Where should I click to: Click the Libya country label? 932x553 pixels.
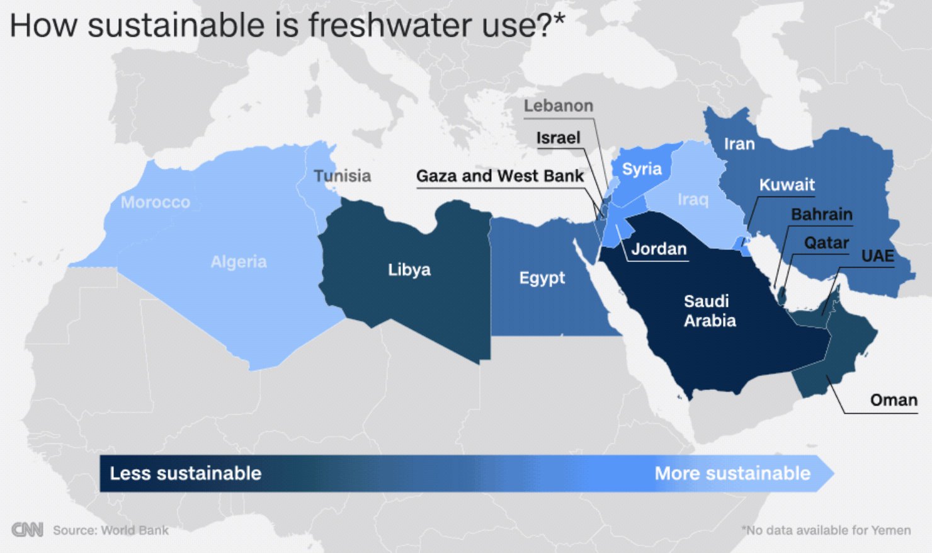pyautogui.click(x=409, y=270)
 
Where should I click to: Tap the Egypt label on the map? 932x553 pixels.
pyautogui.click(x=542, y=278)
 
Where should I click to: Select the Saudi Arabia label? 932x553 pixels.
pyautogui.click(x=709, y=311)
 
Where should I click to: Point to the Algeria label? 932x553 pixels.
pyautogui.click(x=239, y=261)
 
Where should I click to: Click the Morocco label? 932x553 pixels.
pyautogui.click(x=155, y=202)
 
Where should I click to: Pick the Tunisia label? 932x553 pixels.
pyautogui.click(x=343, y=176)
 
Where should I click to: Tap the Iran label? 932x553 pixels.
pyautogui.click(x=739, y=144)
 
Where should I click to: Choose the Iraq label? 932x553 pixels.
pyautogui.click(x=693, y=200)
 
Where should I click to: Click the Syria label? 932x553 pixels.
pyautogui.click(x=642, y=169)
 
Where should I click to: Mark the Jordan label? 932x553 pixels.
pyautogui.click(x=659, y=249)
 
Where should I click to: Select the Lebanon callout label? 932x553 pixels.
pyautogui.click(x=558, y=106)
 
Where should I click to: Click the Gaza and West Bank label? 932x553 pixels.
pyautogui.click(x=500, y=176)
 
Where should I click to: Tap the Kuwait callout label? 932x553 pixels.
pyautogui.click(x=787, y=185)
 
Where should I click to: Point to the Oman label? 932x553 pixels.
pyautogui.click(x=893, y=400)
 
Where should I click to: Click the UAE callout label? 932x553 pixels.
pyautogui.click(x=877, y=256)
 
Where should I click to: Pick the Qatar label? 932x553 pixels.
pyautogui.click(x=826, y=242)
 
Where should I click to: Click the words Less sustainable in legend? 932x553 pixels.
pyautogui.click(x=185, y=473)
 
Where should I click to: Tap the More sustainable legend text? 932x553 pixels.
pyautogui.click(x=732, y=473)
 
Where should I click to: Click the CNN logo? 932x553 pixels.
pyautogui.click(x=27, y=530)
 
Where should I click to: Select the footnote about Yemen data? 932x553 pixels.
pyautogui.click(x=826, y=530)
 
